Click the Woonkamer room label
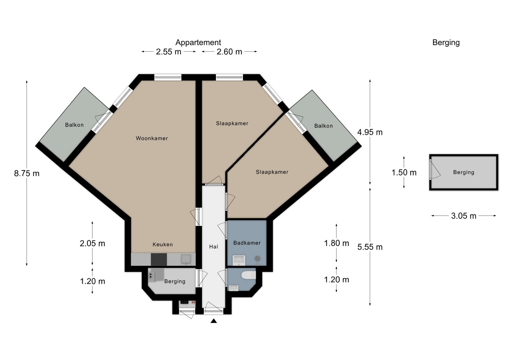tap(152, 138)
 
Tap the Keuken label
tap(163, 244)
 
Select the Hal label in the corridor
tap(213, 247)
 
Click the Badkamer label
tap(247, 243)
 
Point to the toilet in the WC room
tap(249, 275)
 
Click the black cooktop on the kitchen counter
tap(159, 259)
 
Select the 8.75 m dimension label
tap(27, 173)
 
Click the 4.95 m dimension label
tap(370, 132)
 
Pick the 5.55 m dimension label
tap(370, 247)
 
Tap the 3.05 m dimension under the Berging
tap(464, 216)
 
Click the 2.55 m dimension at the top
tap(168, 52)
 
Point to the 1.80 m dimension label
tap(336, 243)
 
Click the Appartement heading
tap(198, 42)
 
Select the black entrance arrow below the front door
tap(214, 321)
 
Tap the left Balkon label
tap(74, 125)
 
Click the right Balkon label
tap(323, 126)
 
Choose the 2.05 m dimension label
tap(92, 243)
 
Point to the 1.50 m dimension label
tap(404, 173)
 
